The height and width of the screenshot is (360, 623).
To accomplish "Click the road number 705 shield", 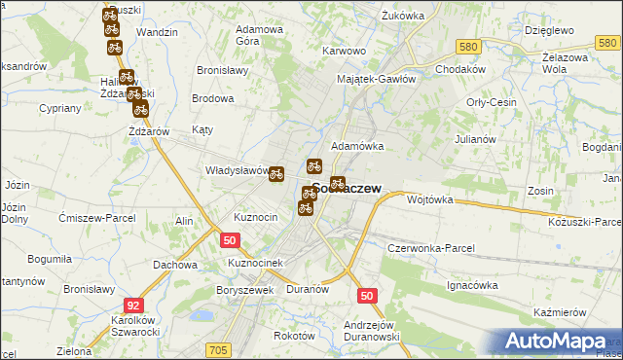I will pyautogui.click(x=217, y=349).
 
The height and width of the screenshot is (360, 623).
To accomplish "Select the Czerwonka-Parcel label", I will pyautogui.click(x=430, y=248).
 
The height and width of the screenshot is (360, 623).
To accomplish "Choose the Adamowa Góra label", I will pyautogui.click(x=260, y=36).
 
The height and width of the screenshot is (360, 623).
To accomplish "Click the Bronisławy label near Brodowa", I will pyautogui.click(x=224, y=71).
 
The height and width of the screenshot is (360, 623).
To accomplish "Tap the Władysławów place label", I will pyautogui.click(x=236, y=170).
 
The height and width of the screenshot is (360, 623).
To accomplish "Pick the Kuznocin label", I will pyautogui.click(x=256, y=216).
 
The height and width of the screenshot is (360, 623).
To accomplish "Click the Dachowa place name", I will pyautogui.click(x=175, y=264).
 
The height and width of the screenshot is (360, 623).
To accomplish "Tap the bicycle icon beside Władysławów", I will pyautogui.click(x=276, y=174).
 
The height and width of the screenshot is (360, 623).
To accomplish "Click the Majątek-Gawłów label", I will pyautogui.click(x=376, y=79).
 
